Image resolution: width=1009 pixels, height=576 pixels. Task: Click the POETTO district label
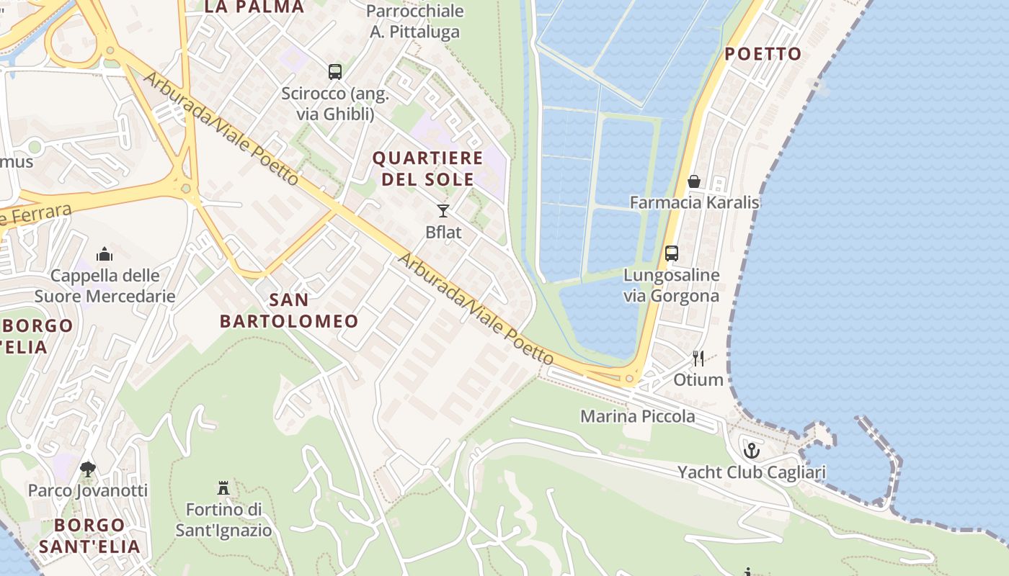pos(763,54)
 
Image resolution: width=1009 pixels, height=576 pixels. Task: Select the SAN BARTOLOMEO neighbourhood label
pos(288,310)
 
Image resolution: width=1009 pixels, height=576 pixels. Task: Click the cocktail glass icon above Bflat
pos(443,211)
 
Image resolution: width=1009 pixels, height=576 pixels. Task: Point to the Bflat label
pos(443,233)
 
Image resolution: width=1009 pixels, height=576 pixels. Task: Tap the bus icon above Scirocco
pos(335,71)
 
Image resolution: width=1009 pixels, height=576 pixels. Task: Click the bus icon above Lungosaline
pos(671,253)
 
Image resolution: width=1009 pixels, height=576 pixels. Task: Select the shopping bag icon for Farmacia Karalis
pos(693,181)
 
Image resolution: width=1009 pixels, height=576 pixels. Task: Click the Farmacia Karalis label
pos(694,202)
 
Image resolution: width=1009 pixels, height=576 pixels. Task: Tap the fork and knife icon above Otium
pos(698,359)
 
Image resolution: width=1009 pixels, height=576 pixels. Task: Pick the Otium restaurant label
pos(698,379)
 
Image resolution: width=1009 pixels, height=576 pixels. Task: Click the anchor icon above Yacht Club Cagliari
pos(752,451)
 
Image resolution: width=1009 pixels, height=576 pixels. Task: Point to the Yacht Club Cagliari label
pos(751,472)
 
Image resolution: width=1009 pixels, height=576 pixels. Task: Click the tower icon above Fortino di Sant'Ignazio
pos(223,488)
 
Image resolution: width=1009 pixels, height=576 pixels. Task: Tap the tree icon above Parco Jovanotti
pos(88,469)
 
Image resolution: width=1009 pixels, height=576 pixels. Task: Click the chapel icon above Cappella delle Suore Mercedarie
pos(105,254)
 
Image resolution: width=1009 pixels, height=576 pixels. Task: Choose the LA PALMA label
pos(254,7)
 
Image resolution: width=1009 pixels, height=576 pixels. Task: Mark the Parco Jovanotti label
pos(88,490)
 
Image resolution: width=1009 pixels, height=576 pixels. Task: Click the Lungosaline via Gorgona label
pos(671,285)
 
